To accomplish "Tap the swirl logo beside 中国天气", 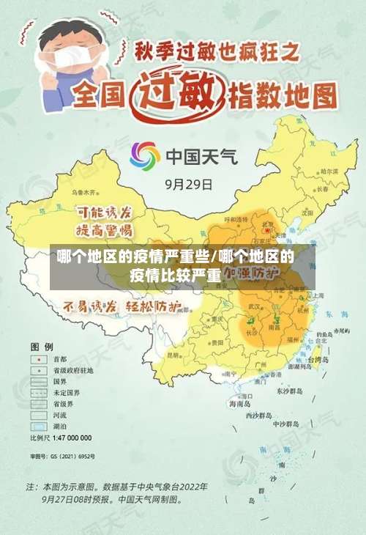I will [x=144, y=156].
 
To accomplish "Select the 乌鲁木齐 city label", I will [x=83, y=192].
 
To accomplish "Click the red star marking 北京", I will [x=268, y=230].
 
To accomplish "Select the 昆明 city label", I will [x=173, y=355].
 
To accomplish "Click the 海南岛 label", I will [x=239, y=403].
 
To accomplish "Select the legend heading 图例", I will [x=41, y=345].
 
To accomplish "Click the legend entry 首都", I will [x=60, y=360].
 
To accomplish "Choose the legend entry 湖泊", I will [x=60, y=426].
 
